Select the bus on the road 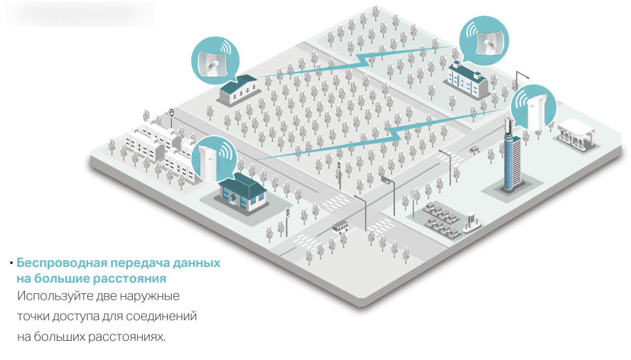coord(340,227)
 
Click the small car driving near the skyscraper coord(474,150)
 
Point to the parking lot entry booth coord(472,222)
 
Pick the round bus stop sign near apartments coord(172,113)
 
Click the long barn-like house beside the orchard coord(238,89)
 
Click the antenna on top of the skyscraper coord(508,126)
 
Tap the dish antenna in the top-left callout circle coord(212,64)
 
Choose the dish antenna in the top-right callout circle coord(487,43)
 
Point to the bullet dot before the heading coord(11,263)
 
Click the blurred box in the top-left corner coord(80,13)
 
